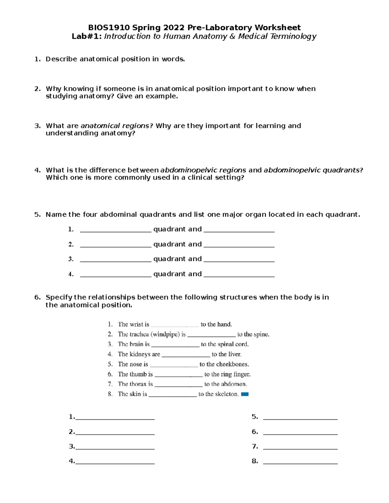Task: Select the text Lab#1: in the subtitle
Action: click(x=87, y=36)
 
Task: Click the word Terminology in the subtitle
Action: click(x=297, y=36)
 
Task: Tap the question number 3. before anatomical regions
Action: click(x=37, y=126)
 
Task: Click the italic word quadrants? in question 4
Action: click(x=346, y=170)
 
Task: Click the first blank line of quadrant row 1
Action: click(x=115, y=231)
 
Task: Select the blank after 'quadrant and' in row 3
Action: click(x=239, y=261)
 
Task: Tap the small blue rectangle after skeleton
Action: click(x=245, y=394)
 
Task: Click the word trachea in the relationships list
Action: click(x=139, y=334)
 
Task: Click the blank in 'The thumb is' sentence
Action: click(x=178, y=376)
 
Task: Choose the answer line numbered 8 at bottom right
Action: click(x=300, y=463)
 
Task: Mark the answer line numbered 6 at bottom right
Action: click(x=300, y=433)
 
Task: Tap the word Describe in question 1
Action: click(x=61, y=59)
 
